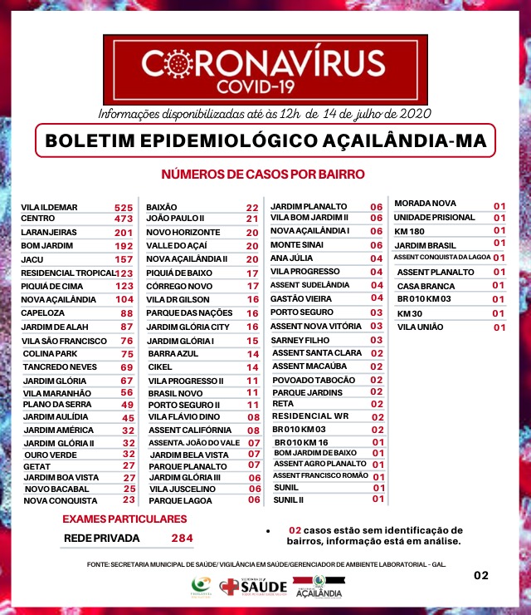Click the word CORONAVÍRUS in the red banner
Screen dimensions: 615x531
click(265, 63)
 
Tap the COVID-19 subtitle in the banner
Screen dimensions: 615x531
click(265, 86)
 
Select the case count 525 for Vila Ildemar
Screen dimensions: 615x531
click(124, 207)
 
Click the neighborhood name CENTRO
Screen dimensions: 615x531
click(38, 219)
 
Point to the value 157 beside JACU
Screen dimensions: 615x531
click(124, 260)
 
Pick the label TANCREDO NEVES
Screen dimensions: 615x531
click(55, 367)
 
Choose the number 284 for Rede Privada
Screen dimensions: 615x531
click(181, 539)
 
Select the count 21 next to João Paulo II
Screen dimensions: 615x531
click(252, 219)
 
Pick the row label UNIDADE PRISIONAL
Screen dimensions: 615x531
click(434, 217)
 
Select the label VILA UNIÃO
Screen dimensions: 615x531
click(421, 327)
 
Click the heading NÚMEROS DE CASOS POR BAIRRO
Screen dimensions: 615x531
click(262, 175)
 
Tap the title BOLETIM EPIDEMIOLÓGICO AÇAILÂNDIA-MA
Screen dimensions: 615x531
click(265, 140)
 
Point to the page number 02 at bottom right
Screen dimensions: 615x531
click(481, 575)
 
